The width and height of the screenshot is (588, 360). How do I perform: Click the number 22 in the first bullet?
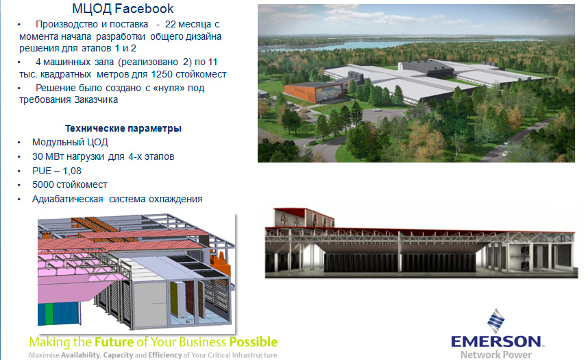(x=170, y=24)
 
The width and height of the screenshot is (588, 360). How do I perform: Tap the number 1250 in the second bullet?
(x=162, y=74)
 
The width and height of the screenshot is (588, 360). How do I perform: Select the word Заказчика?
(x=96, y=99)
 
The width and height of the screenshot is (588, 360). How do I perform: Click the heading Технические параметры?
(x=123, y=128)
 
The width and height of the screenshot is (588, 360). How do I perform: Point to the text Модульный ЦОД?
(x=70, y=142)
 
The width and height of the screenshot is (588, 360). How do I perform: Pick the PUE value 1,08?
(x=72, y=171)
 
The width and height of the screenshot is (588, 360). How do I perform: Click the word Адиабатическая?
(x=67, y=199)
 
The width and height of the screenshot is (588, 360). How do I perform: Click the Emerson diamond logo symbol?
(x=495, y=321)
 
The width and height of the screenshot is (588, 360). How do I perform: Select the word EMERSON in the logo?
(x=495, y=341)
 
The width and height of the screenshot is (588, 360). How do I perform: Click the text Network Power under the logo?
(x=495, y=355)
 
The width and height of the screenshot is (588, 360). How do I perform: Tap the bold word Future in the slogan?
(x=114, y=342)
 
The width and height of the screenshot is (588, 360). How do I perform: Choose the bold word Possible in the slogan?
(x=254, y=342)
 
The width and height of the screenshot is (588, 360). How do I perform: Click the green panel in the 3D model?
(x=49, y=314)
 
